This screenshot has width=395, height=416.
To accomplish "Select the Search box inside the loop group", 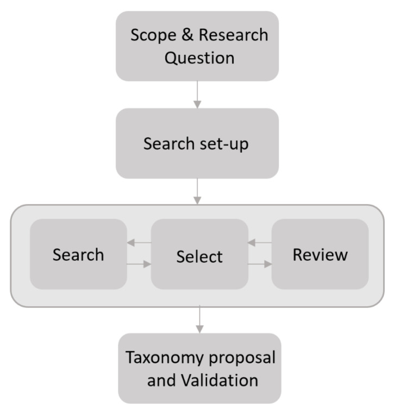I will tap(78, 254).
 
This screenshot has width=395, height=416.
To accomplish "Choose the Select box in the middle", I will tap(199, 256).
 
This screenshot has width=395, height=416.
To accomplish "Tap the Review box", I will tap(320, 254).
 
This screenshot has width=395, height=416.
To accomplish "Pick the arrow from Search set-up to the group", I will tap(198, 191).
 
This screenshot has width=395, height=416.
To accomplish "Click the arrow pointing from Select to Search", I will tap(139, 243).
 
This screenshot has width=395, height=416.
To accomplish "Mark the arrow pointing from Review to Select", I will tap(260, 243).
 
